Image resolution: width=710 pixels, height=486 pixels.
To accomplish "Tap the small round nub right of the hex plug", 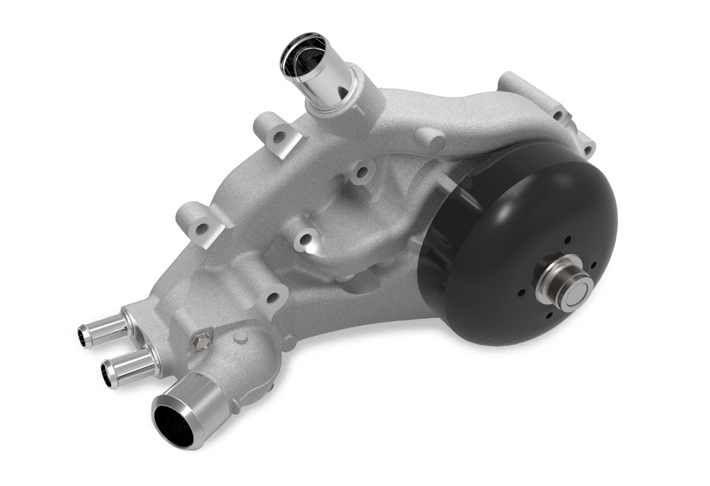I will point(239,337).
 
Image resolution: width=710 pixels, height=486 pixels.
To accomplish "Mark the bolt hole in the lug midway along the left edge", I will point(203,228).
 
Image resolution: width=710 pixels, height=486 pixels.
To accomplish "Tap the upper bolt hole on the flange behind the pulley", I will point(559,115).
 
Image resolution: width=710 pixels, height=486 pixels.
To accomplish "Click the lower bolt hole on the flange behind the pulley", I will point(588,151).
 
